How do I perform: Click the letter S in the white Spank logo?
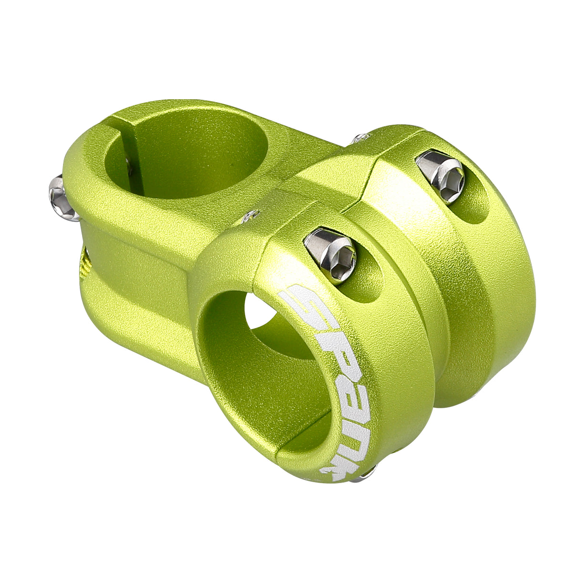(x=301, y=301)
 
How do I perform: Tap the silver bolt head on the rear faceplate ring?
(x=440, y=174)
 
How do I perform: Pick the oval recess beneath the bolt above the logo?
(x=367, y=281)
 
